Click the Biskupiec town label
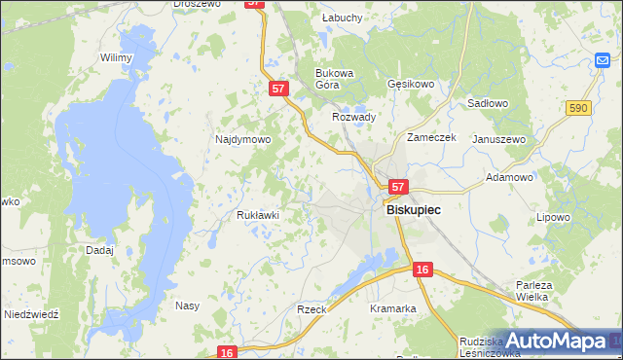(x=414, y=209)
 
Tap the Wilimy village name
(x=116, y=57)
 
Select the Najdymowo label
(x=242, y=139)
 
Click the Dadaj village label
(x=99, y=250)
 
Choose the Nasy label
(x=187, y=306)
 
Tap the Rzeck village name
(x=311, y=308)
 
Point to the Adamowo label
(x=509, y=178)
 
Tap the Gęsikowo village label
(x=410, y=84)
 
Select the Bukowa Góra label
(x=333, y=79)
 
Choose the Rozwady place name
(x=354, y=117)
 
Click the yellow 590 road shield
(x=578, y=108)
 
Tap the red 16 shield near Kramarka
(x=421, y=269)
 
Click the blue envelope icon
(x=604, y=61)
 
